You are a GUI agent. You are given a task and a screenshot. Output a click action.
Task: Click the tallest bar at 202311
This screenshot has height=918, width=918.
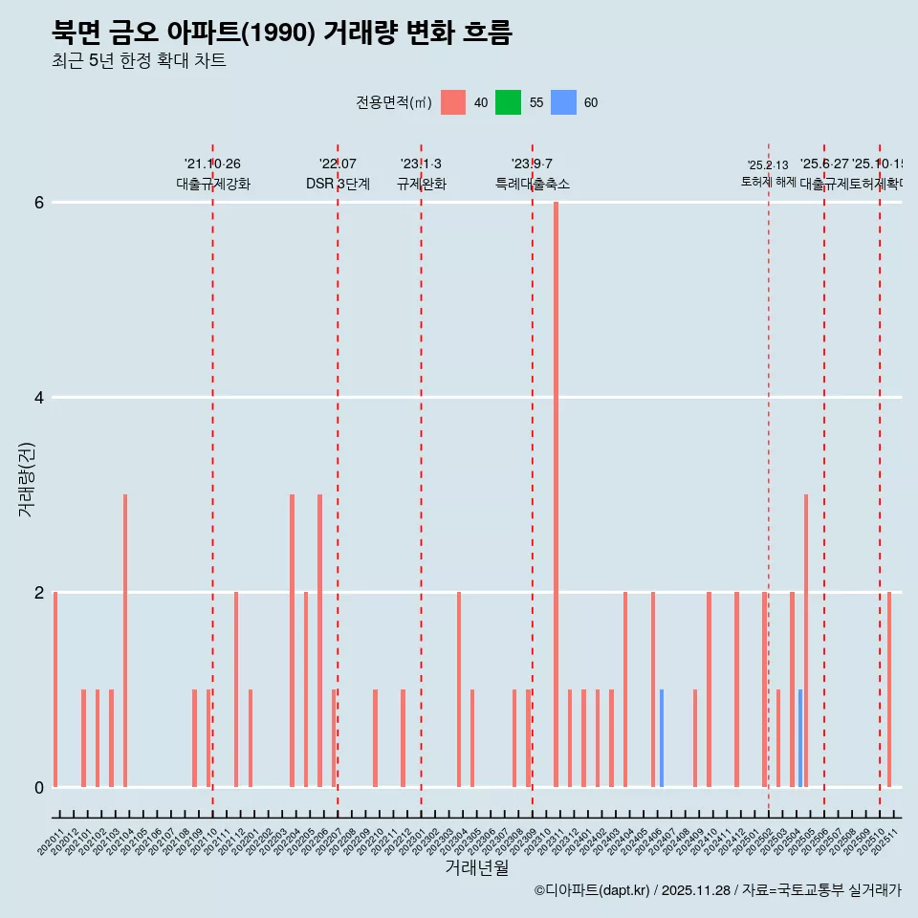tap(556, 494)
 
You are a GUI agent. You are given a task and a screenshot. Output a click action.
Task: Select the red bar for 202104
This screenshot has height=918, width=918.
tap(125, 641)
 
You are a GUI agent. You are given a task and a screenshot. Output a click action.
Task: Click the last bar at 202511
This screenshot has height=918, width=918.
tap(889, 689)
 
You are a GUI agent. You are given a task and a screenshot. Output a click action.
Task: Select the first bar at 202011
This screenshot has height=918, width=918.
tap(55, 689)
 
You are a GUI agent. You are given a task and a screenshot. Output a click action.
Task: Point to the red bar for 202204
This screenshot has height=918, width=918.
tap(292, 641)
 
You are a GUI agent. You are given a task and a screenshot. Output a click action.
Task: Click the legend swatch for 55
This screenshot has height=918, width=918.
tap(508, 102)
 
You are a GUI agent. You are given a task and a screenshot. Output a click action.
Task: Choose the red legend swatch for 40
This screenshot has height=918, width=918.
tap(453, 102)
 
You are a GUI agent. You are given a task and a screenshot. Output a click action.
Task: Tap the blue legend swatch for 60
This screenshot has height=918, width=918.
tap(563, 102)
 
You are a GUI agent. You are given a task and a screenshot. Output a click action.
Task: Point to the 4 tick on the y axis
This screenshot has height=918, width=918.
tap(38, 397)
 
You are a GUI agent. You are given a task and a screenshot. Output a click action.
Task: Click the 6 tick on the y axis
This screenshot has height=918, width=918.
tap(38, 202)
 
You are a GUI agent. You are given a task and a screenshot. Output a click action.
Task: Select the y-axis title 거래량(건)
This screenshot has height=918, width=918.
tap(26, 478)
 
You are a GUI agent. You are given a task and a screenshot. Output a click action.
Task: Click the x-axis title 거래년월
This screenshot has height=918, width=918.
tap(476, 868)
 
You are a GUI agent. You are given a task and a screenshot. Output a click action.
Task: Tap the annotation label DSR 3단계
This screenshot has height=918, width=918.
tap(338, 184)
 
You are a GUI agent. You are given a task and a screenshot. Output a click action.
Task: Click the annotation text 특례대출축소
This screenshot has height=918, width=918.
tap(532, 184)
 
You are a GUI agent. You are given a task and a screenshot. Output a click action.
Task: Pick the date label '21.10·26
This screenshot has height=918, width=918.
tap(212, 164)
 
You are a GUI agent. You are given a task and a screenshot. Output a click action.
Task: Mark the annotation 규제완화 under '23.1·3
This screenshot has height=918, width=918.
tap(421, 184)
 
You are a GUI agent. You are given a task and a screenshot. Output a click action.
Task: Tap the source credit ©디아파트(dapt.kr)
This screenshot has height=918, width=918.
tap(592, 890)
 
